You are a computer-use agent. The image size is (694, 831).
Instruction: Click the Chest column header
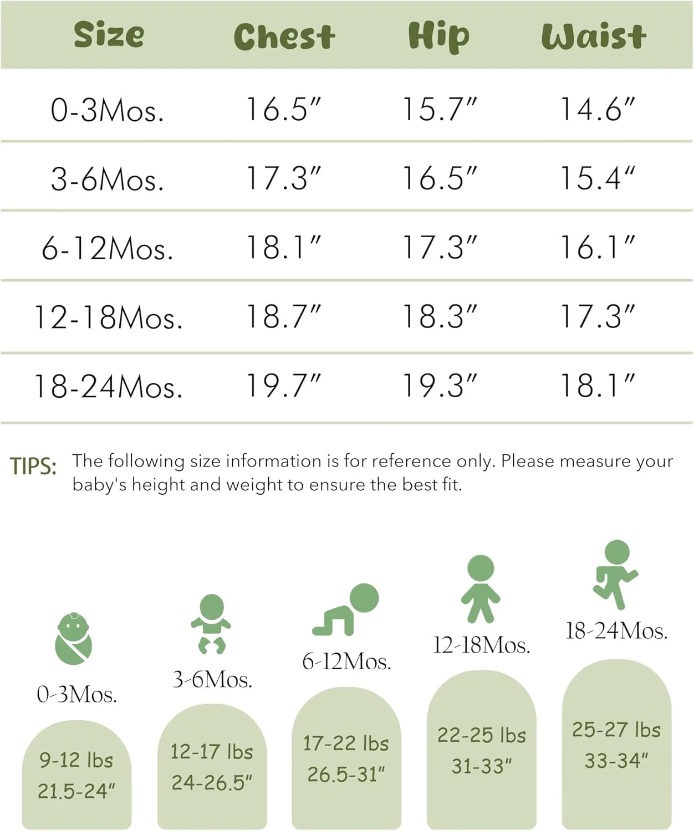pyautogui.click(x=284, y=37)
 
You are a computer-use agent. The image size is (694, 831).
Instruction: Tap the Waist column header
pyautogui.click(x=593, y=37)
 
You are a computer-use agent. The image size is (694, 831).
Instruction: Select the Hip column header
pyautogui.click(x=438, y=37)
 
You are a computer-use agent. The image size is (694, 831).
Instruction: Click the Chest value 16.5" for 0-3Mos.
pyautogui.click(x=283, y=109)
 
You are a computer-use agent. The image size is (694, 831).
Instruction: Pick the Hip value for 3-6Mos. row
pyautogui.click(x=439, y=178)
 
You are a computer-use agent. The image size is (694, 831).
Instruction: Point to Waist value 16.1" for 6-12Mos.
pyautogui.click(x=597, y=248)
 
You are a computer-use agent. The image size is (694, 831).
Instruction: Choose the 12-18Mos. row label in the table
pyautogui.click(x=108, y=317)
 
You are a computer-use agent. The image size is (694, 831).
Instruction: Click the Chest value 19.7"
pyautogui.click(x=283, y=386)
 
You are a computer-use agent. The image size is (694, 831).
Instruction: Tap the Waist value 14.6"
pyautogui.click(x=597, y=109)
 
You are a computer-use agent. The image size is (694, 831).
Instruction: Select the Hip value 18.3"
pyautogui.click(x=439, y=317)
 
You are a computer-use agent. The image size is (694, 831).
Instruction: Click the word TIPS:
pyautogui.click(x=33, y=466)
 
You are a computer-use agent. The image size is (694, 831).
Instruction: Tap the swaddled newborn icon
pyautogui.click(x=73, y=639)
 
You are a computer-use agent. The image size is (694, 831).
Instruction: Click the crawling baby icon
pyautogui.click(x=346, y=609)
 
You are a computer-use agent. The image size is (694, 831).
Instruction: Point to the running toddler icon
pyautogui.click(x=615, y=573)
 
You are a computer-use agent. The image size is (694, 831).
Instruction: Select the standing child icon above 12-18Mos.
pyautogui.click(x=481, y=588)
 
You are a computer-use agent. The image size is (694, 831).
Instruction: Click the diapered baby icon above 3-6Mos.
pyautogui.click(x=211, y=623)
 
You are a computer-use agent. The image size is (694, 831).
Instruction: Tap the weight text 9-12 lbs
pyautogui.click(x=76, y=760)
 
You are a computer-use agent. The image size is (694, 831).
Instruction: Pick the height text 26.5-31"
pyautogui.click(x=346, y=774)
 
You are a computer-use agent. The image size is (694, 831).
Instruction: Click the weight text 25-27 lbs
pyautogui.click(x=616, y=730)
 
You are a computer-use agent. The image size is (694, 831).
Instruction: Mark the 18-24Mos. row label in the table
pyautogui.click(x=108, y=386)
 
